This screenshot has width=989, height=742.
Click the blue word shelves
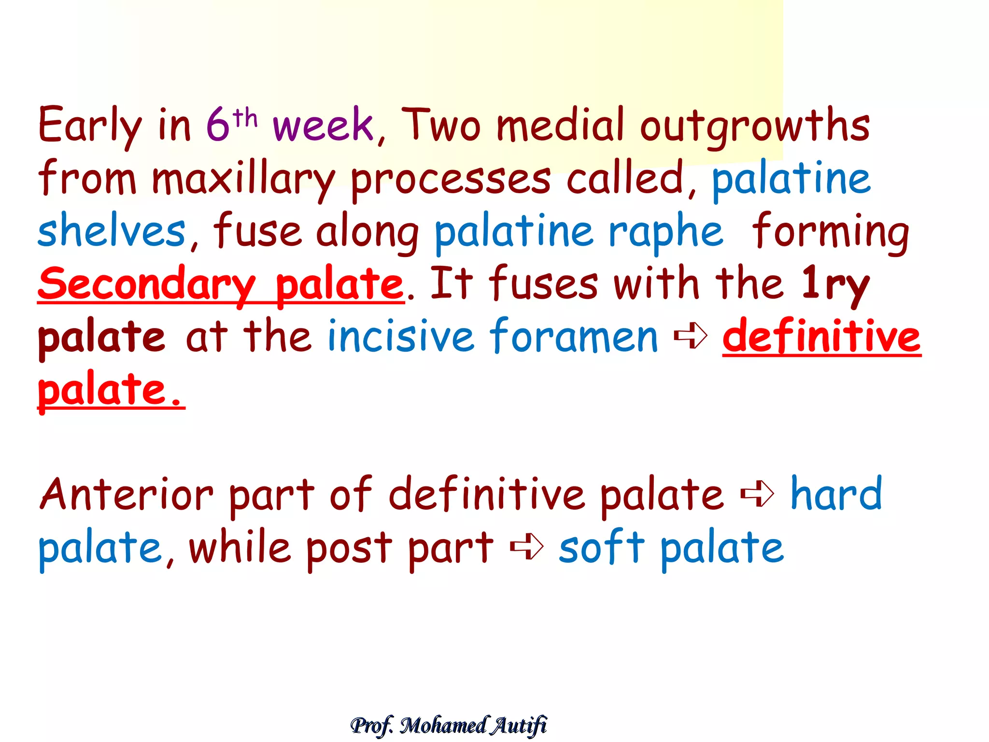pyautogui.click(x=112, y=231)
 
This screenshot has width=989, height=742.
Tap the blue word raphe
pyautogui.click(x=666, y=232)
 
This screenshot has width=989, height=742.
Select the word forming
pyautogui.click(x=831, y=232)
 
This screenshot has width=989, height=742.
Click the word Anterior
pyautogui.click(x=127, y=495)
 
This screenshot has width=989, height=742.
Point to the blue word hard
pyautogui.click(x=836, y=494)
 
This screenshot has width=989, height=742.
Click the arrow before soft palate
pyautogui.click(x=527, y=547)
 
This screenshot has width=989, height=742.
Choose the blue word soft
pyautogui.click(x=602, y=548)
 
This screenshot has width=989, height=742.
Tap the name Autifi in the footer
pyautogui.click(x=519, y=725)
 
